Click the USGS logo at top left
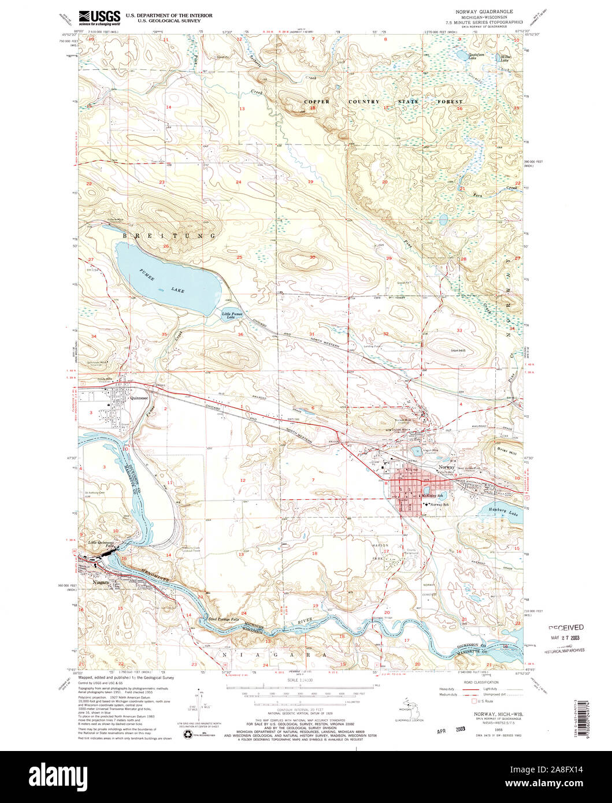point(99,17)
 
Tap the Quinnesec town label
point(139,397)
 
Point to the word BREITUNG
point(169,236)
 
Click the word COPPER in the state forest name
point(317,102)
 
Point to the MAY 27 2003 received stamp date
point(565,638)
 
